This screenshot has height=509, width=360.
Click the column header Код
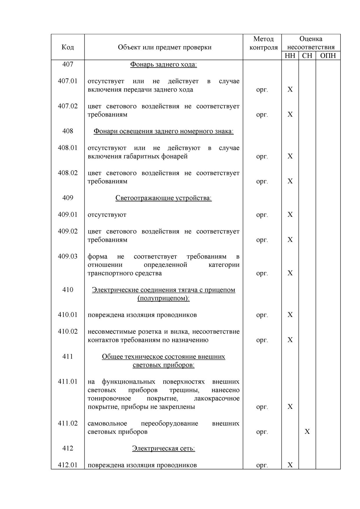(68, 47)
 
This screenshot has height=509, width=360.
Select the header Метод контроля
(263, 43)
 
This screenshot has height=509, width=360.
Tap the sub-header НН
(290, 56)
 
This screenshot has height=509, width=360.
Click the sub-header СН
(307, 56)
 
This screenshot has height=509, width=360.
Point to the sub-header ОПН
(328, 56)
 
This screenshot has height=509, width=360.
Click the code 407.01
(68, 81)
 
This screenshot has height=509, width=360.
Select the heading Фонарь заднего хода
(163, 64)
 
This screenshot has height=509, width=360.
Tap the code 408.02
(68, 173)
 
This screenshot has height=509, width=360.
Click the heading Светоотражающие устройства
(163, 198)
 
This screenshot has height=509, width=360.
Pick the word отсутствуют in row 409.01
(107, 215)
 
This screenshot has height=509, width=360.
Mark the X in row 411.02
(307, 432)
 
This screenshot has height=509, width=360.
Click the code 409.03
(68, 257)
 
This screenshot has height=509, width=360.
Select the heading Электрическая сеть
(163, 448)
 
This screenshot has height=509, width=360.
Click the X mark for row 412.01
(290, 465)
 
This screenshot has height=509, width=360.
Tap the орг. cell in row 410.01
(262, 315)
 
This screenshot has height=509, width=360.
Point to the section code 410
(68, 290)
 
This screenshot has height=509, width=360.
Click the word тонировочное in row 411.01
(109, 398)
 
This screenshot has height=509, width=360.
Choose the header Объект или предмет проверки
(164, 47)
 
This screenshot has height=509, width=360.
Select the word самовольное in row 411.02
(107, 423)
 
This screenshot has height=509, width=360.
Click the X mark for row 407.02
(290, 114)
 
